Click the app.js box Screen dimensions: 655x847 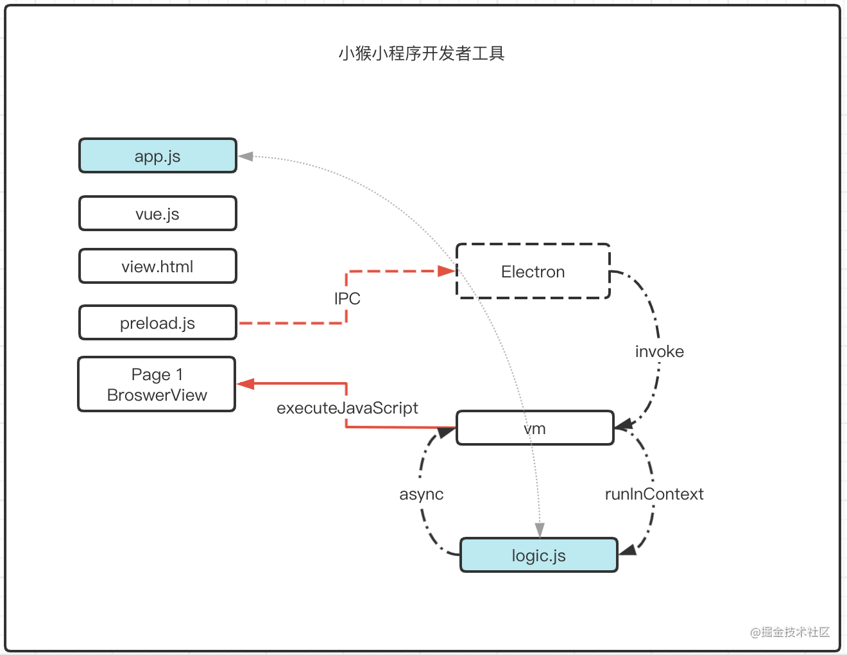point(158,156)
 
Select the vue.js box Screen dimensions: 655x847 point(158,213)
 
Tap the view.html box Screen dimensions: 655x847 point(158,266)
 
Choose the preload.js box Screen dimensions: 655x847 point(158,322)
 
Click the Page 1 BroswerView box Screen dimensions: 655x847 point(157,384)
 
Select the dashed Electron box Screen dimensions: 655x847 point(533,272)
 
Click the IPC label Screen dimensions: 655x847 point(347,299)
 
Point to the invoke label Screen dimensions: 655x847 point(659,351)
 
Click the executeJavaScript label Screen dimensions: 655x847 point(347,408)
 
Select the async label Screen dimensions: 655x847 point(422,494)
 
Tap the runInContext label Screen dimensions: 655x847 point(654,494)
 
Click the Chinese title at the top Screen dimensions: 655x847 point(422,53)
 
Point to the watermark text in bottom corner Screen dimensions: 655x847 point(790,632)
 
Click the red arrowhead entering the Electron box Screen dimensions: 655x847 point(447,271)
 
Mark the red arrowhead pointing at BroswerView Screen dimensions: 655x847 point(246,384)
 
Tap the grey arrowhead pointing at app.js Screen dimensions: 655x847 point(246,156)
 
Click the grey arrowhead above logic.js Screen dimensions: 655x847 point(540,530)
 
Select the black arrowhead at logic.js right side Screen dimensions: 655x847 point(628,550)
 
